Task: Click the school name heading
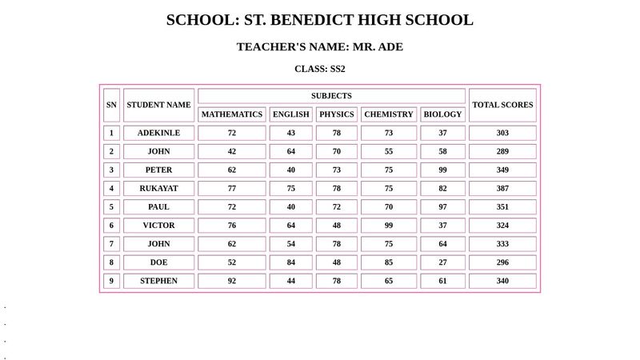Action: click(x=320, y=21)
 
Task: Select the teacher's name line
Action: click(x=320, y=47)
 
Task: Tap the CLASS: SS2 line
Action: click(x=320, y=70)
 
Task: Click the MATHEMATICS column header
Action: click(x=232, y=114)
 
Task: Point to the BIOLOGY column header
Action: click(x=443, y=114)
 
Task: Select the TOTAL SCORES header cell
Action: click(x=502, y=105)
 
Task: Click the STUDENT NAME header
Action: click(x=159, y=105)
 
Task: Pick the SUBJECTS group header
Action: click(x=331, y=96)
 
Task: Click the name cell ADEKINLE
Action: click(x=159, y=133)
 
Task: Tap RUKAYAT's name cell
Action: click(x=159, y=189)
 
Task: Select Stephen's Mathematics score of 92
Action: click(x=232, y=281)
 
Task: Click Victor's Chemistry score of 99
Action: click(x=389, y=226)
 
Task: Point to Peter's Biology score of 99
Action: click(x=443, y=170)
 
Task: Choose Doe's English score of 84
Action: click(x=291, y=262)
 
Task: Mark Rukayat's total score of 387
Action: click(x=502, y=189)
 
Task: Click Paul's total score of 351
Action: click(x=502, y=207)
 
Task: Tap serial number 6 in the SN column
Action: click(x=112, y=226)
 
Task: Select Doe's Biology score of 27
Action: click(x=443, y=262)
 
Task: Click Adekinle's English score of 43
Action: click(x=291, y=133)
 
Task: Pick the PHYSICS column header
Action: click(x=337, y=114)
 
